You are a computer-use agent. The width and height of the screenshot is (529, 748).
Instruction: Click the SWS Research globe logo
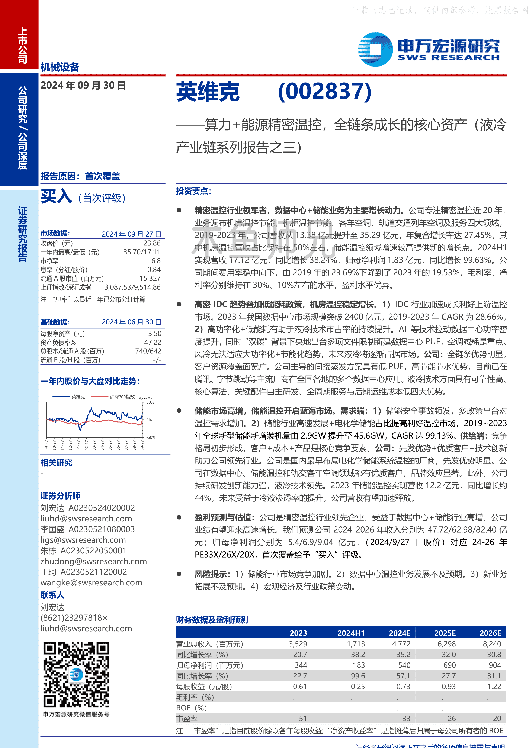[375, 49]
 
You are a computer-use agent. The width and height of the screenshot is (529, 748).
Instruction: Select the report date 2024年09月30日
[83, 85]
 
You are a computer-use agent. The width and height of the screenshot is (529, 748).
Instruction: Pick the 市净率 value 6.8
[156, 261]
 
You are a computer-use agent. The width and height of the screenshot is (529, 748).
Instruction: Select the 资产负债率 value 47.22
[153, 342]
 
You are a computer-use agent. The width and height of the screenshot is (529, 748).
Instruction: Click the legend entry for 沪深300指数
[122, 397]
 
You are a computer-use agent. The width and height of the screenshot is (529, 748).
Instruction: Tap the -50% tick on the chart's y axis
[151, 437]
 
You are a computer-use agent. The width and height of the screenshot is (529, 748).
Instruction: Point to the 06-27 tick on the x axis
[118, 445]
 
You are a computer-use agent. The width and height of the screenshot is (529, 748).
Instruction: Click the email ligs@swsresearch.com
[83, 540]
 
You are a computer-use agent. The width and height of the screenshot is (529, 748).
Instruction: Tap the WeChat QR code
[76, 675]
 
